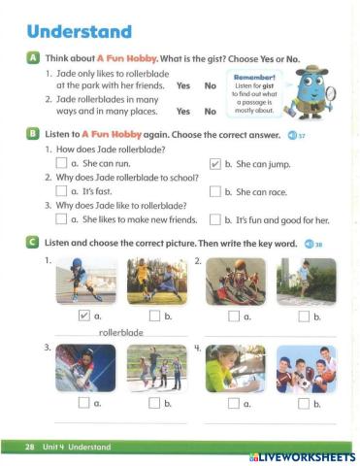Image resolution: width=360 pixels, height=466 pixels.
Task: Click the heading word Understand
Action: pyautogui.click(x=80, y=31)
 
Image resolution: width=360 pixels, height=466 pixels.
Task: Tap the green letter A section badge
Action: pyautogui.click(x=32, y=60)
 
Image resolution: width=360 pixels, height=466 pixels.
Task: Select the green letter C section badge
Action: pyautogui.click(x=32, y=244)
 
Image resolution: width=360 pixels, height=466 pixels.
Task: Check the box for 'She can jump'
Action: pyautogui.click(x=214, y=165)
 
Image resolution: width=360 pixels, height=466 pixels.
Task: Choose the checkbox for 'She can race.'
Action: pyautogui.click(x=214, y=192)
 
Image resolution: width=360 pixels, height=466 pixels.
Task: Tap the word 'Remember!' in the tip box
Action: pyautogui.click(x=255, y=75)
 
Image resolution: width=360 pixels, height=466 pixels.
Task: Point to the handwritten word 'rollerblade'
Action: pyautogui.click(x=121, y=332)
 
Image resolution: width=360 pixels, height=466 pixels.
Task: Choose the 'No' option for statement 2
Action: pyautogui.click(x=210, y=111)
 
